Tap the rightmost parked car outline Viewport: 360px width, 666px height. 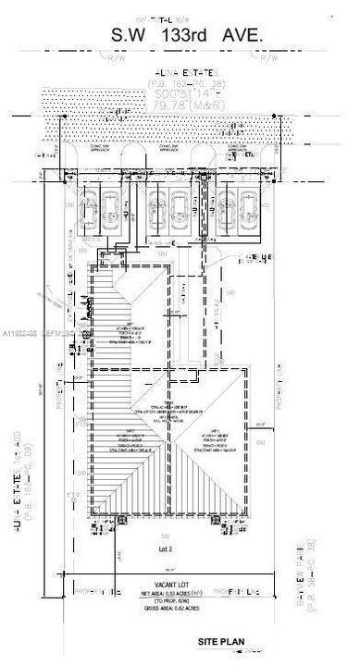coord(248,213)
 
